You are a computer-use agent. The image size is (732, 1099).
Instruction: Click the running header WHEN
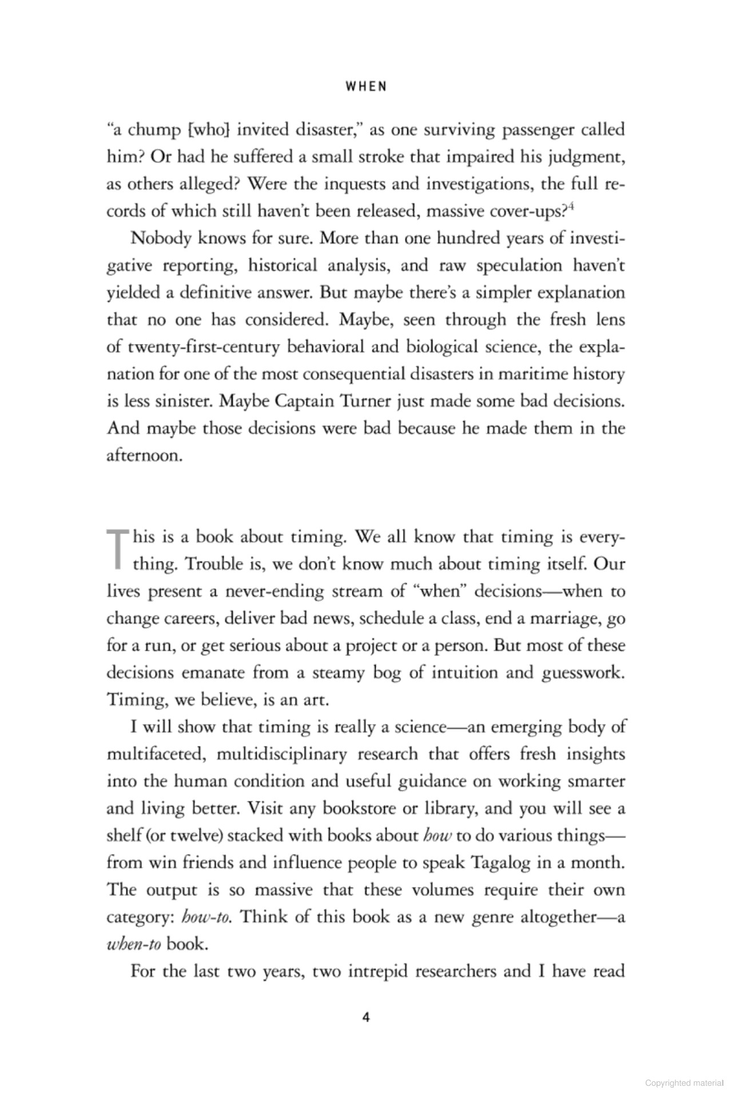[x=366, y=86]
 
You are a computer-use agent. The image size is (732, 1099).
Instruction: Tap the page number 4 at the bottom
[x=366, y=1018]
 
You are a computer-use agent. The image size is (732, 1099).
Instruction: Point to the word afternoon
[x=144, y=456]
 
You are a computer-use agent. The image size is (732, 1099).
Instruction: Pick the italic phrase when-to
[x=133, y=944]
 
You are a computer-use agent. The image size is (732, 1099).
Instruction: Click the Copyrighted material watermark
[x=685, y=1082]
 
